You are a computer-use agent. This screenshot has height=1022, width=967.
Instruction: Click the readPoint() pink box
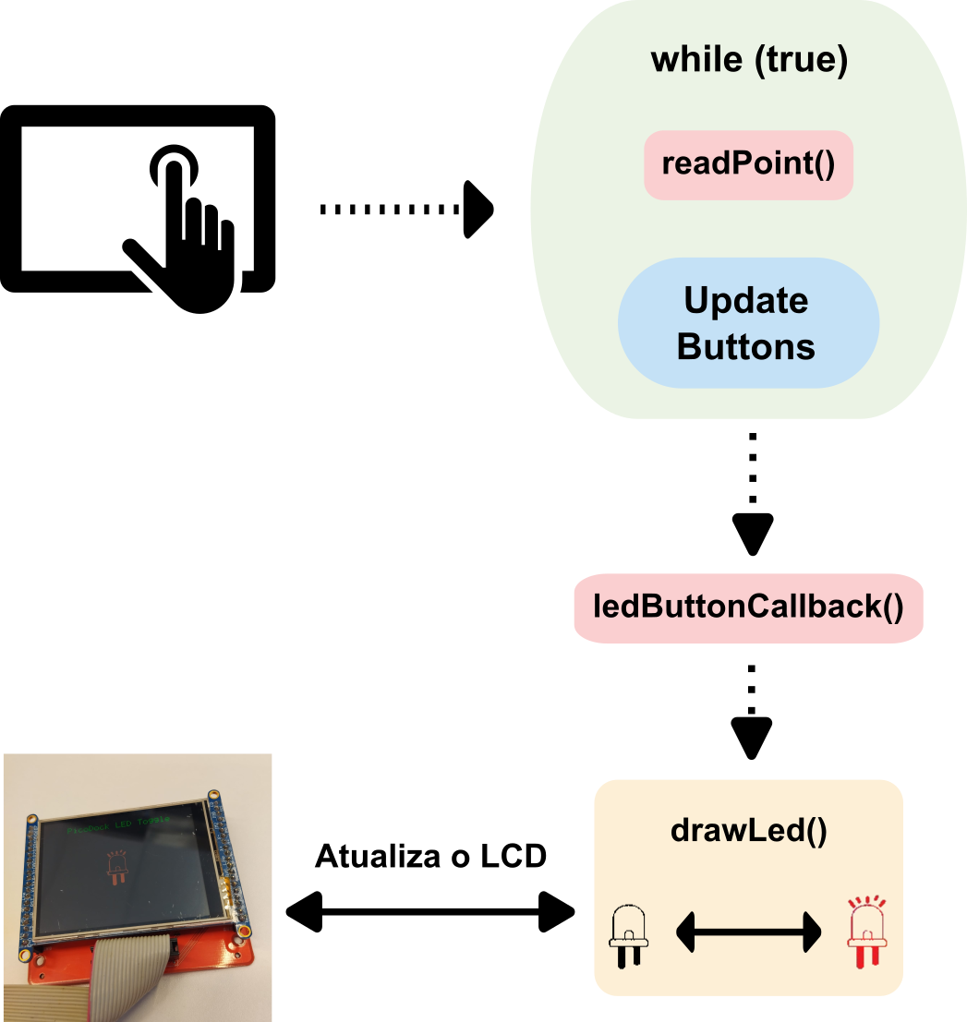tap(748, 165)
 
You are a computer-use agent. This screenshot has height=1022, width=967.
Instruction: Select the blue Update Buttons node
tap(747, 323)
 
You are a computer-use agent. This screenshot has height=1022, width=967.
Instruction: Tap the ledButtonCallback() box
tap(748, 607)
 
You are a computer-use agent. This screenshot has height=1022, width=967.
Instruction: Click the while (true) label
tap(748, 60)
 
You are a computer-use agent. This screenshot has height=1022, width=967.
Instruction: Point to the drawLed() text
tap(748, 831)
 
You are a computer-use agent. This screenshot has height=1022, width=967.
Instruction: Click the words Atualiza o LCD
tap(430, 857)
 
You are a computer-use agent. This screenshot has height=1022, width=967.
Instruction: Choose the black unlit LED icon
tap(629, 934)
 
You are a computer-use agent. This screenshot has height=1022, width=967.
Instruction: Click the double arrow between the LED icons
tap(748, 932)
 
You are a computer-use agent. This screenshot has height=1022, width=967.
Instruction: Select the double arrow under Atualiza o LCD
tap(430, 913)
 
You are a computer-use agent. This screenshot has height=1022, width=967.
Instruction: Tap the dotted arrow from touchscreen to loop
tap(406, 210)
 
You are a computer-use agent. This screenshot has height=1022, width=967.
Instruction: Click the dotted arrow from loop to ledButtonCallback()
tap(753, 494)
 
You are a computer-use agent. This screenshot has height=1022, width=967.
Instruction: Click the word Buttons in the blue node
tap(746, 346)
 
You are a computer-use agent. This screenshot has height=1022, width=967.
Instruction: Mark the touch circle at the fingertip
tap(173, 165)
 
